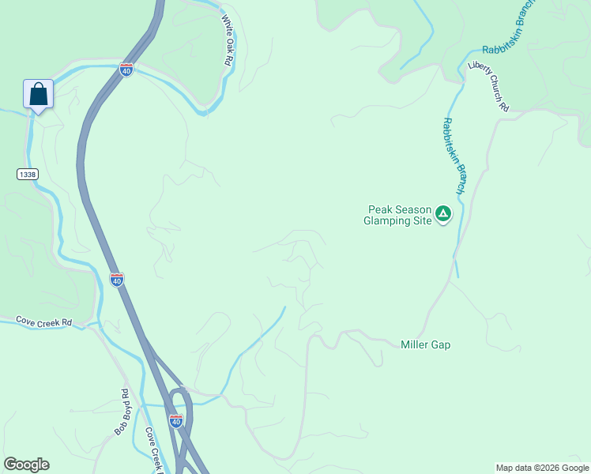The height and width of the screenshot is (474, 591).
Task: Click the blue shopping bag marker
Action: click(38, 95)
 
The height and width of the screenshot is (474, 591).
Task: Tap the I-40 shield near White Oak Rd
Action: click(126, 70)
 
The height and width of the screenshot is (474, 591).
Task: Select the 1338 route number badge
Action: click(26, 174)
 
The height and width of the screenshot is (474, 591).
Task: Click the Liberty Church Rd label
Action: click(487, 86)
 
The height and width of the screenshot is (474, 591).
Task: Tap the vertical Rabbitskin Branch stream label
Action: click(453, 156)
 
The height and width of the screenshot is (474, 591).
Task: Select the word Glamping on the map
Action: click(390, 221)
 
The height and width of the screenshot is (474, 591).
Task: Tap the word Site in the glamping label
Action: click(424, 221)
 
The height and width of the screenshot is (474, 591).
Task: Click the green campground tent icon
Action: click(444, 213)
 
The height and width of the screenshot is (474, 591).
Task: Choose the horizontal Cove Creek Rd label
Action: click(43, 322)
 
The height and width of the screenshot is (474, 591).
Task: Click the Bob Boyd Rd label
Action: click(122, 412)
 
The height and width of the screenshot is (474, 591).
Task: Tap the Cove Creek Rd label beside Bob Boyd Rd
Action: click(154, 450)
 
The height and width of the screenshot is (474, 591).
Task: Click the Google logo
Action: click(26, 465)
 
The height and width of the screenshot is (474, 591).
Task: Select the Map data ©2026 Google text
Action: click(542, 468)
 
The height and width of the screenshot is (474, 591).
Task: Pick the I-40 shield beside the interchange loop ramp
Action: click(176, 420)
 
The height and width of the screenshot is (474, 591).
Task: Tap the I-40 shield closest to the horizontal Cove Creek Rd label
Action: click(116, 279)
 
